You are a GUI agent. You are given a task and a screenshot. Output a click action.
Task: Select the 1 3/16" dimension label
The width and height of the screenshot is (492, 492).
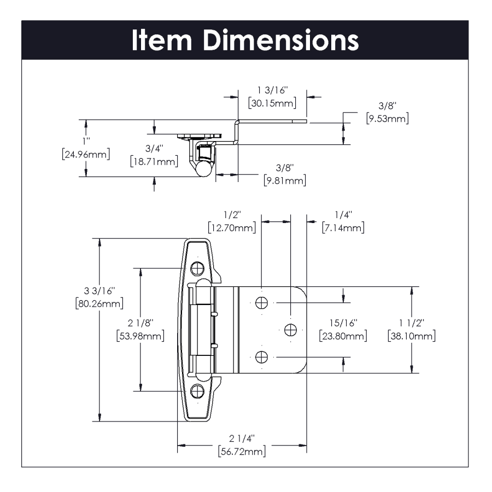272,90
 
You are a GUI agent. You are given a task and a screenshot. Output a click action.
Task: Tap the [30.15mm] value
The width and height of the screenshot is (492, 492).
272,103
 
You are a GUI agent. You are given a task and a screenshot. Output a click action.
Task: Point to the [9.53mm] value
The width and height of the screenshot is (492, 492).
387,118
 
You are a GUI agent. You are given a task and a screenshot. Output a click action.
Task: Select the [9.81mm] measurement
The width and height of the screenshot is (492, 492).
284,180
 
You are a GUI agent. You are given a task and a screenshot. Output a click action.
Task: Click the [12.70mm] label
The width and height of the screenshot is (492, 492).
232,227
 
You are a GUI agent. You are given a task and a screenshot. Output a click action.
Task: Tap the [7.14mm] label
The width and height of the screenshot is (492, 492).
343,227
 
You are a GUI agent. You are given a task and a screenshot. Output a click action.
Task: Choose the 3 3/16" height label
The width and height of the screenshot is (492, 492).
99,290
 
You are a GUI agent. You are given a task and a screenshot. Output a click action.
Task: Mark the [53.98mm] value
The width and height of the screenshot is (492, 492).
140,336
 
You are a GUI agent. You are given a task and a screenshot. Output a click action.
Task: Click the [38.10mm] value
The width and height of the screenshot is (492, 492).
411,336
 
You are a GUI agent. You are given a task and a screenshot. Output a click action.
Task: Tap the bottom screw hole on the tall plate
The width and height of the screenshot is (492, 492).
197,391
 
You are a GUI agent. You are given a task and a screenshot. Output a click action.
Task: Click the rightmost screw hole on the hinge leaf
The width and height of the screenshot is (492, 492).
290,329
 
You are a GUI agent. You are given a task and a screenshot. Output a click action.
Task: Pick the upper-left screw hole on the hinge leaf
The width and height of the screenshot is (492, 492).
262,302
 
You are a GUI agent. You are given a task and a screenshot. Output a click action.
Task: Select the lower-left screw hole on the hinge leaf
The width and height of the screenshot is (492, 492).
262,357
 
